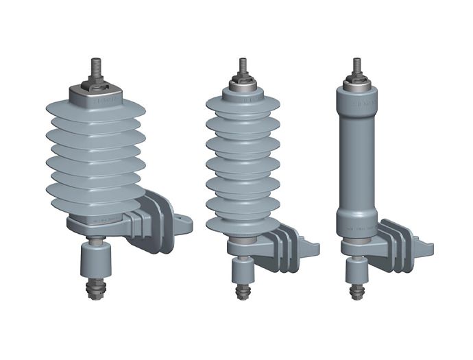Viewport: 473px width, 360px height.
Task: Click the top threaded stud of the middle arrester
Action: [243, 67]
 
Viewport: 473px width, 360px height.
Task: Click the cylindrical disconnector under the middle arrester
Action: [241, 268]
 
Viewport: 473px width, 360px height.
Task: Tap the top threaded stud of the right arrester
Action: [356, 67]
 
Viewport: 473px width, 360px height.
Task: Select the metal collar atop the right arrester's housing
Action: [356, 86]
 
